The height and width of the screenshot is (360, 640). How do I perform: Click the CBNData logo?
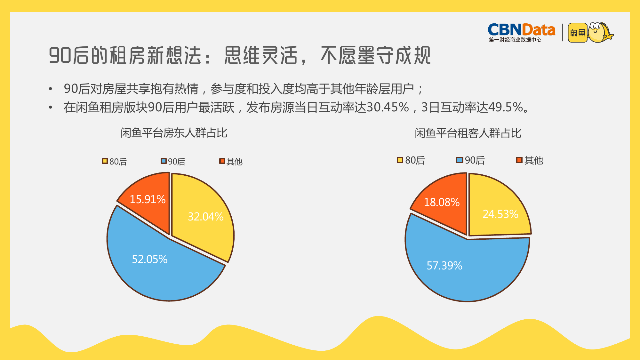521,32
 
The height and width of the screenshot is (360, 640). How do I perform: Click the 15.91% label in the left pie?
148,199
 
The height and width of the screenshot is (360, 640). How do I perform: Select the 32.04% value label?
205,217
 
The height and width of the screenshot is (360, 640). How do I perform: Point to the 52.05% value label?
150,259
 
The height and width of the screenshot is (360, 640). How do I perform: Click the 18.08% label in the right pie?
442,202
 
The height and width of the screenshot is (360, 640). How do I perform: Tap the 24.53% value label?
500,214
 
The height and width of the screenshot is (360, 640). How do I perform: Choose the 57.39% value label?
444,266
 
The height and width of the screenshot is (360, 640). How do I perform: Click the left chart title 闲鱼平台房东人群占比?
174,133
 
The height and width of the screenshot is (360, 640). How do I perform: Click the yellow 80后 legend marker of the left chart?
105,161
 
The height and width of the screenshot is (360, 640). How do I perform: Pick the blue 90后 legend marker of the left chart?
164,161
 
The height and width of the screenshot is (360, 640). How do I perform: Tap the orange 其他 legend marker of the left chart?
222,161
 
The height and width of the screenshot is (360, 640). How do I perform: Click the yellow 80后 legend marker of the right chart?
400,160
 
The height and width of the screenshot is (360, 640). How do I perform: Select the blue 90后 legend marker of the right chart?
460,160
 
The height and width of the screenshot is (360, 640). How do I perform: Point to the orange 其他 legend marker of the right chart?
519,160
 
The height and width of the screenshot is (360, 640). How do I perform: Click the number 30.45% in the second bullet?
388,107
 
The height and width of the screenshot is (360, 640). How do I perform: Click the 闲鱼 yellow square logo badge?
578,33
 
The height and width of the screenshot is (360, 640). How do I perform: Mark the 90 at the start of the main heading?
60,55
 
